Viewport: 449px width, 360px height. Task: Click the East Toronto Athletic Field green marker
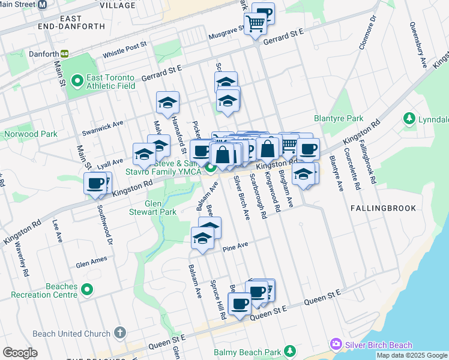[x=77, y=80]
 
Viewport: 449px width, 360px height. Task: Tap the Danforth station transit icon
[x=64, y=53]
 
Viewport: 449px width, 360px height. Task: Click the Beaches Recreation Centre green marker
[x=87, y=290]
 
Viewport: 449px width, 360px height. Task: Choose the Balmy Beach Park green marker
[x=290, y=350]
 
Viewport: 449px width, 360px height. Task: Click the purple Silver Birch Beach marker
[x=336, y=344]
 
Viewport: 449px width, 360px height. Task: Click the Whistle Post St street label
[x=125, y=49]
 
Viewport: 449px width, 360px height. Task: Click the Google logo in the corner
[x=20, y=353]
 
